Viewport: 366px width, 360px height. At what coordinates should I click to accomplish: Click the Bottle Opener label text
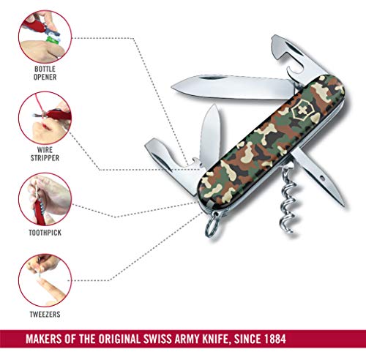(x=45, y=73)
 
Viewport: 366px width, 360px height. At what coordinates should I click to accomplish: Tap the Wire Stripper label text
(x=45, y=154)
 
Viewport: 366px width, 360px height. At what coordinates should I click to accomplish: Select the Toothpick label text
(x=45, y=233)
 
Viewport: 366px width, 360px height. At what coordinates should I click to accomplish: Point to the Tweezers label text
(x=45, y=314)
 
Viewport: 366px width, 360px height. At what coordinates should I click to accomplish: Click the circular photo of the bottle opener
(x=45, y=37)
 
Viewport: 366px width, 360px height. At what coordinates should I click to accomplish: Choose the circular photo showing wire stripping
(x=45, y=118)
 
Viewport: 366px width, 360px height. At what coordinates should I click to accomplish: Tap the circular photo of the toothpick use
(x=45, y=199)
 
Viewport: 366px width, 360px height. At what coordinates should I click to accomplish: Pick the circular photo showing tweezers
(x=45, y=280)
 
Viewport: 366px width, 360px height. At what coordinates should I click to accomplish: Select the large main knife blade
(x=234, y=87)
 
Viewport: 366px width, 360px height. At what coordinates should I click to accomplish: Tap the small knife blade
(x=210, y=135)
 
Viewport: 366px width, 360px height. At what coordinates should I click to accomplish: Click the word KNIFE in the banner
(x=216, y=339)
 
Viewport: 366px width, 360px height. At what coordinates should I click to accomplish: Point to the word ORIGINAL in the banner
(x=119, y=339)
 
